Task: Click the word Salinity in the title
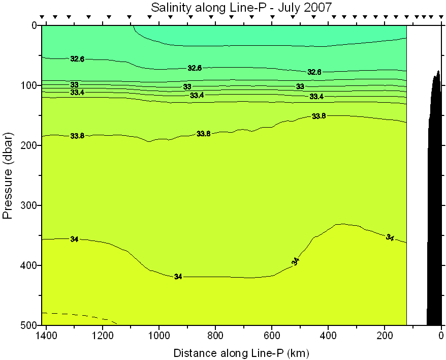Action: click(168, 8)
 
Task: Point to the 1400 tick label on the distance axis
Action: click(46, 336)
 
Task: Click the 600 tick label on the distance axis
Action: click(272, 336)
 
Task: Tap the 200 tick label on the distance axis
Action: click(385, 336)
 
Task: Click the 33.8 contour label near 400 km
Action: click(318, 116)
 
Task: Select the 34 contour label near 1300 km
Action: click(74, 239)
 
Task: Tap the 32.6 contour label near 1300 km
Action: click(77, 59)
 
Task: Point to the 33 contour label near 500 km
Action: click(300, 86)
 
